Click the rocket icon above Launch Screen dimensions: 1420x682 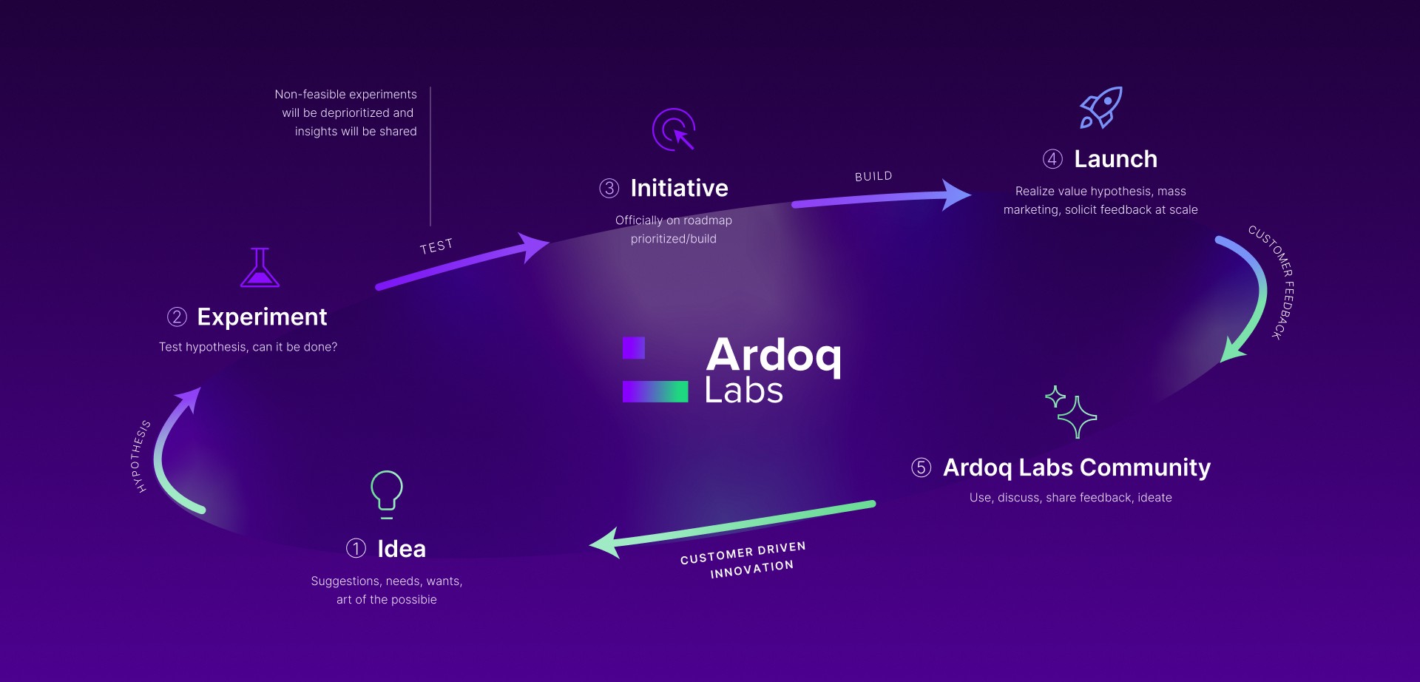pos(1101,108)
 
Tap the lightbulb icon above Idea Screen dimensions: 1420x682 pos(386,493)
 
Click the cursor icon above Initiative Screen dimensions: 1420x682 pos(674,129)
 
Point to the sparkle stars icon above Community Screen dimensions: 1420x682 pos(1071,412)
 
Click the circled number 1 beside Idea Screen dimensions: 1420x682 pos(356,548)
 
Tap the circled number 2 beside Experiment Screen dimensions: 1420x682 pos(177,317)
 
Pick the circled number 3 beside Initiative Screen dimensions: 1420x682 pos(609,188)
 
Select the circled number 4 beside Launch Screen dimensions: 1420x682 pos(1052,159)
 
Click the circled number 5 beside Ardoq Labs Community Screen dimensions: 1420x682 pos(921,467)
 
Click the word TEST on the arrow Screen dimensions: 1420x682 pos(436,246)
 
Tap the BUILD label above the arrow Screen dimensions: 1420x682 pos(873,176)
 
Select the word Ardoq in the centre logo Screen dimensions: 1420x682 pos(774,356)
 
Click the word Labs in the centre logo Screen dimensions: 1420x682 pos(743,390)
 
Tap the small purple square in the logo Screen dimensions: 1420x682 pos(634,348)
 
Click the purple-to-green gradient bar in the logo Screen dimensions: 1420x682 pos(655,391)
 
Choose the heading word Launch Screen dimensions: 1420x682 pos(1115,159)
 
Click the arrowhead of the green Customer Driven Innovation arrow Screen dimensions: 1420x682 pos(604,543)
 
